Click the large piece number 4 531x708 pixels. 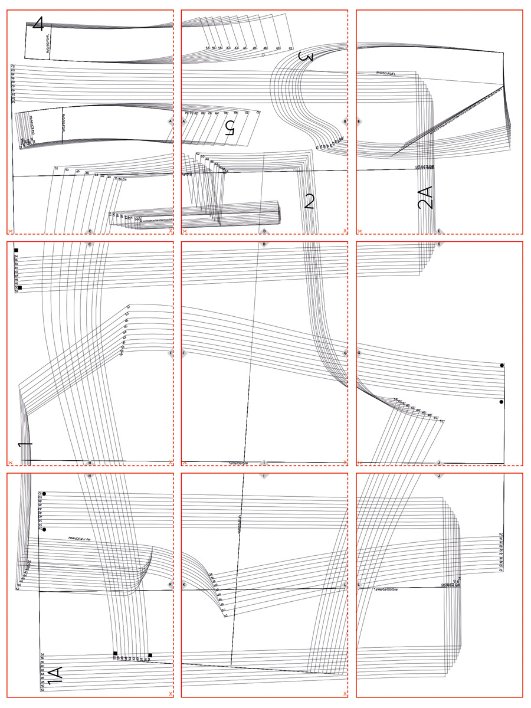click(x=38, y=24)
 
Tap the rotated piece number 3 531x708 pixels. click(x=305, y=57)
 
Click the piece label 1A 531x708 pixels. click(x=55, y=676)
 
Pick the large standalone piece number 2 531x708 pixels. click(x=309, y=202)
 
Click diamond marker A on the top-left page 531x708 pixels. click(x=171, y=122)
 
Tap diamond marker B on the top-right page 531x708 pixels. click(x=359, y=122)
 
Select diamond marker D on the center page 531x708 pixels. click(x=264, y=244)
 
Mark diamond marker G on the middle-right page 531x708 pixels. click(x=359, y=353)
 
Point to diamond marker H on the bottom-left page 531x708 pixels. click(x=90, y=476)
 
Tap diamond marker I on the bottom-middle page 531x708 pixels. click(x=264, y=476)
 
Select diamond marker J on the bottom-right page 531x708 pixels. click(x=439, y=476)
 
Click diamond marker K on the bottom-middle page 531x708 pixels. click(x=184, y=585)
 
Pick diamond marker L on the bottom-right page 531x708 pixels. click(x=359, y=585)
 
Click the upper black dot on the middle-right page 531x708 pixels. click(x=501, y=366)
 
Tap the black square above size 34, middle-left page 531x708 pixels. click(x=16, y=251)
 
